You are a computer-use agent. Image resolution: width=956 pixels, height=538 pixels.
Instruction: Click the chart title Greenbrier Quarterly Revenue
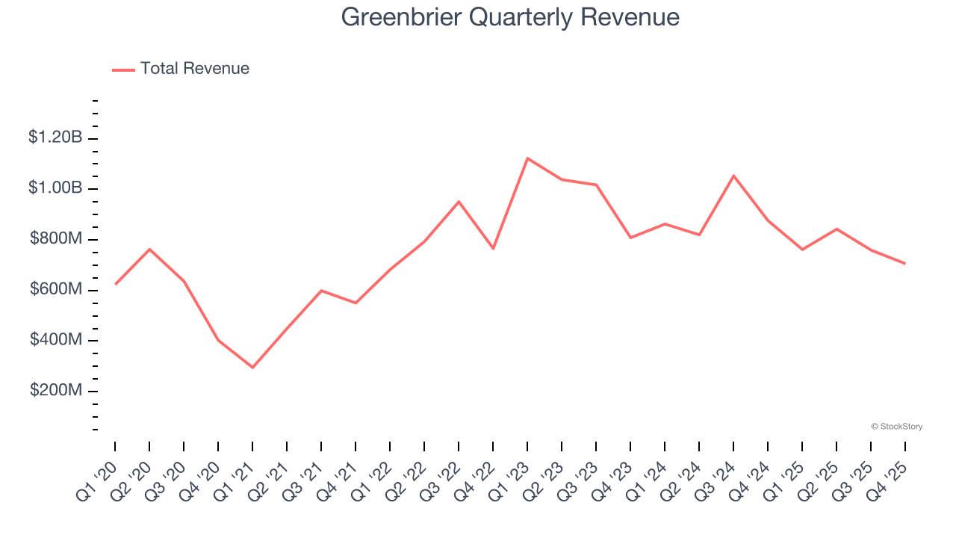510,17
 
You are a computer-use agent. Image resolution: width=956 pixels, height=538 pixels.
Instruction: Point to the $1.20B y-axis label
55,137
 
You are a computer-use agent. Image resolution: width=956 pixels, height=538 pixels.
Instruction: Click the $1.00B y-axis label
55,188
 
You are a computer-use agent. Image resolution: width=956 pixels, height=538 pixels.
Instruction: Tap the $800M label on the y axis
56,239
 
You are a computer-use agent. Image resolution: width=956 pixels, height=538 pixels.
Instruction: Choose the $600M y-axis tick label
56,290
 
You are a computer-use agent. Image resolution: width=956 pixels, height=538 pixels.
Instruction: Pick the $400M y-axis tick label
56,341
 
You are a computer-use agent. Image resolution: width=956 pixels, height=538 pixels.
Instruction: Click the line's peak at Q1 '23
527,158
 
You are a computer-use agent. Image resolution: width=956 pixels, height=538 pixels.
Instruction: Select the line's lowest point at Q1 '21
252,368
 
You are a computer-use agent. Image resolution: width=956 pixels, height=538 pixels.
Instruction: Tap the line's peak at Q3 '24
733,176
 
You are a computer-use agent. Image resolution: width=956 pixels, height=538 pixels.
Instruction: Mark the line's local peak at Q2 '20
149,249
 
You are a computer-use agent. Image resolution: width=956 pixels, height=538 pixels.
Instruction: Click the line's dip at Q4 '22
493,248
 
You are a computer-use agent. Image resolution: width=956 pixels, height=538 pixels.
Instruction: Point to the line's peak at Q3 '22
459,202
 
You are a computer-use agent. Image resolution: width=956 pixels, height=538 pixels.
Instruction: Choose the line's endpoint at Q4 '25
905,263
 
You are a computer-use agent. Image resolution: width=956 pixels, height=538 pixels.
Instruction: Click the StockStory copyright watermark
896,427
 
